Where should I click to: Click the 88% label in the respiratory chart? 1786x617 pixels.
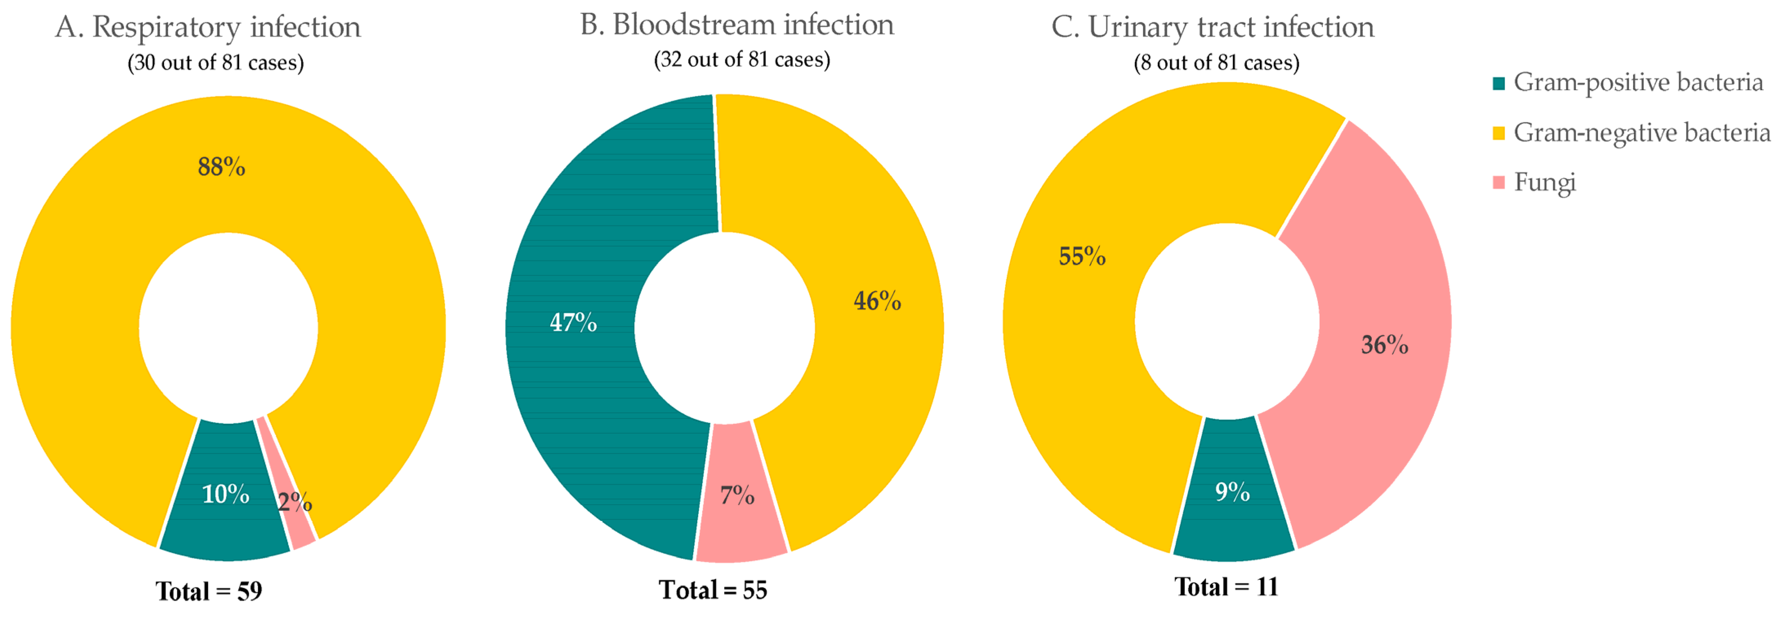click(221, 167)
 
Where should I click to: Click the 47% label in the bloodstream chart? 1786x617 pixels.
click(573, 322)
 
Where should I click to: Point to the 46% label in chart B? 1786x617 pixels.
click(877, 301)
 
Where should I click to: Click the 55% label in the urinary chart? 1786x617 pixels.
click(1081, 256)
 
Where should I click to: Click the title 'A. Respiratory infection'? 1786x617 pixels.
click(208, 28)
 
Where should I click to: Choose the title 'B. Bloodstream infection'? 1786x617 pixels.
click(737, 25)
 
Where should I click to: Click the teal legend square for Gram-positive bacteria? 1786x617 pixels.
click(1498, 84)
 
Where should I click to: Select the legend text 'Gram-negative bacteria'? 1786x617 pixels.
click(1641, 132)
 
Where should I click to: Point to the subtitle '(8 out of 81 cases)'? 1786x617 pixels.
click(1216, 63)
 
